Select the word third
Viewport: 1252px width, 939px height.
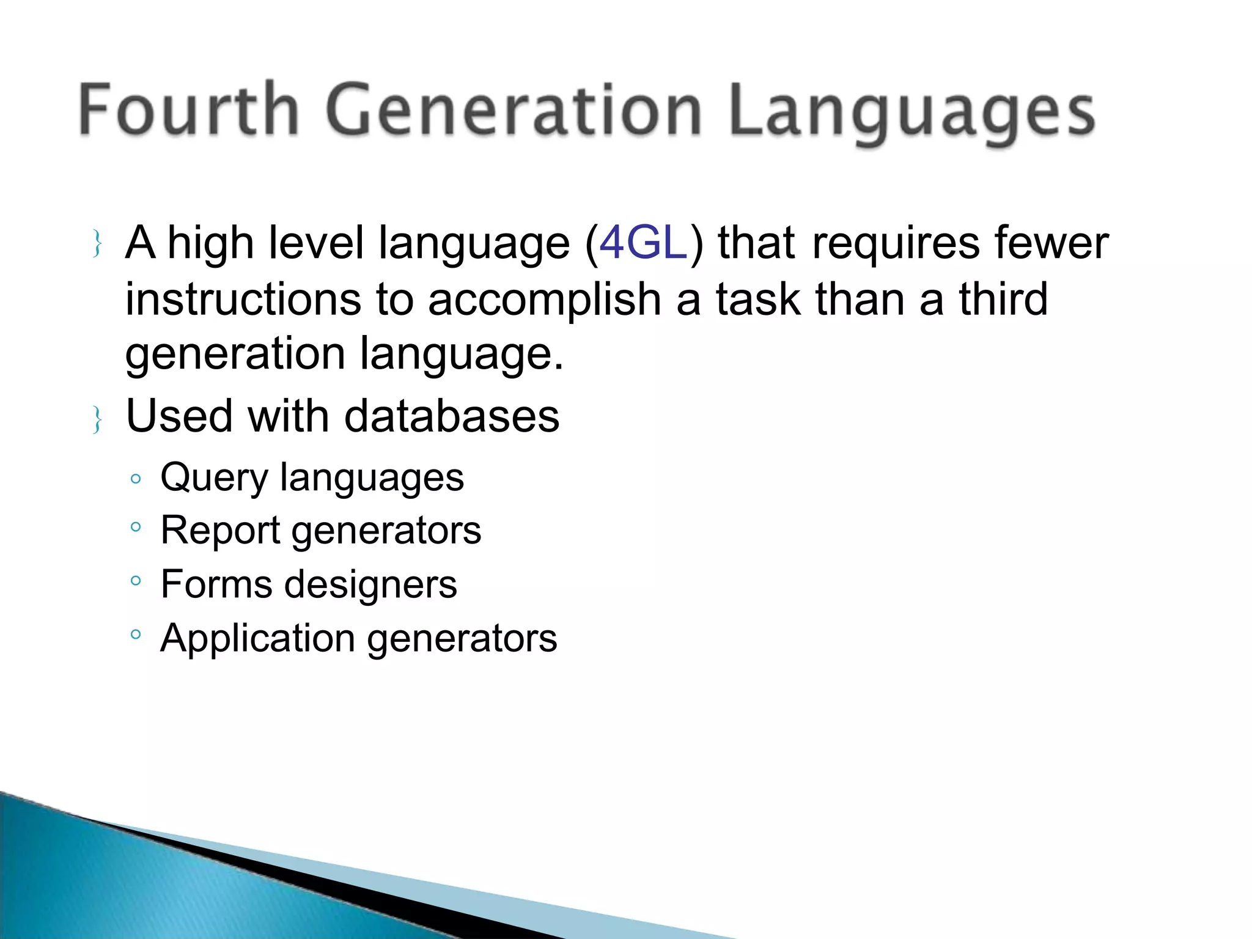point(1003,299)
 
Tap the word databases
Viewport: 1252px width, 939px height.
point(452,416)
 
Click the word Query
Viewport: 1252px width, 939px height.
point(213,479)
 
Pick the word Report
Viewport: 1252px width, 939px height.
point(219,531)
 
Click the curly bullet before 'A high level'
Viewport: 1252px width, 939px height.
point(97,243)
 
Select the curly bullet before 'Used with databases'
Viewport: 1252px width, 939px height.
point(97,419)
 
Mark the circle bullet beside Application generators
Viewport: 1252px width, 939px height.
point(136,635)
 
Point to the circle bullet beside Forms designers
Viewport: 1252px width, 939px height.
point(136,580)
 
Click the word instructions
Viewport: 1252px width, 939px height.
point(243,300)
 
